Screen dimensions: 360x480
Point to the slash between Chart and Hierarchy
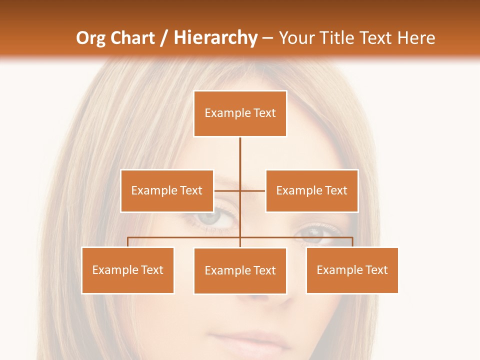[164, 38]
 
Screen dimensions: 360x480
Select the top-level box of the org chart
[240, 113]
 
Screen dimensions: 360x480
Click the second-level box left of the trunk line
[167, 190]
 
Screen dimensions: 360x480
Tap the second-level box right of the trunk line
[311, 190]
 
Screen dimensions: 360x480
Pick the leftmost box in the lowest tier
[127, 270]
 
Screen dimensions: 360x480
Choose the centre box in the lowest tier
[240, 270]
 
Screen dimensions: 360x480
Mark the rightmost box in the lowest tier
[352, 270]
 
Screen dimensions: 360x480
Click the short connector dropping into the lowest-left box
[127, 242]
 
